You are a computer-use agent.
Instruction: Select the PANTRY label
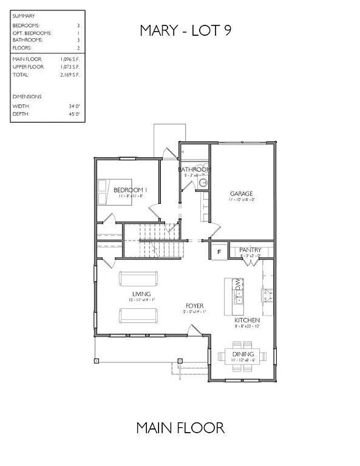250,249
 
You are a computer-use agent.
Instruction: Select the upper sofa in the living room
138,279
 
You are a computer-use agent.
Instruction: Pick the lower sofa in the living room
138,315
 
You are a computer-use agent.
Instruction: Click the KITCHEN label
247,320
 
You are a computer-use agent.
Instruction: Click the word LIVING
138,294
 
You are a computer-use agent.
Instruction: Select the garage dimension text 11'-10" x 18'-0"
240,200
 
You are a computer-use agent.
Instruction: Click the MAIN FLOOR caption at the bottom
180,428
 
